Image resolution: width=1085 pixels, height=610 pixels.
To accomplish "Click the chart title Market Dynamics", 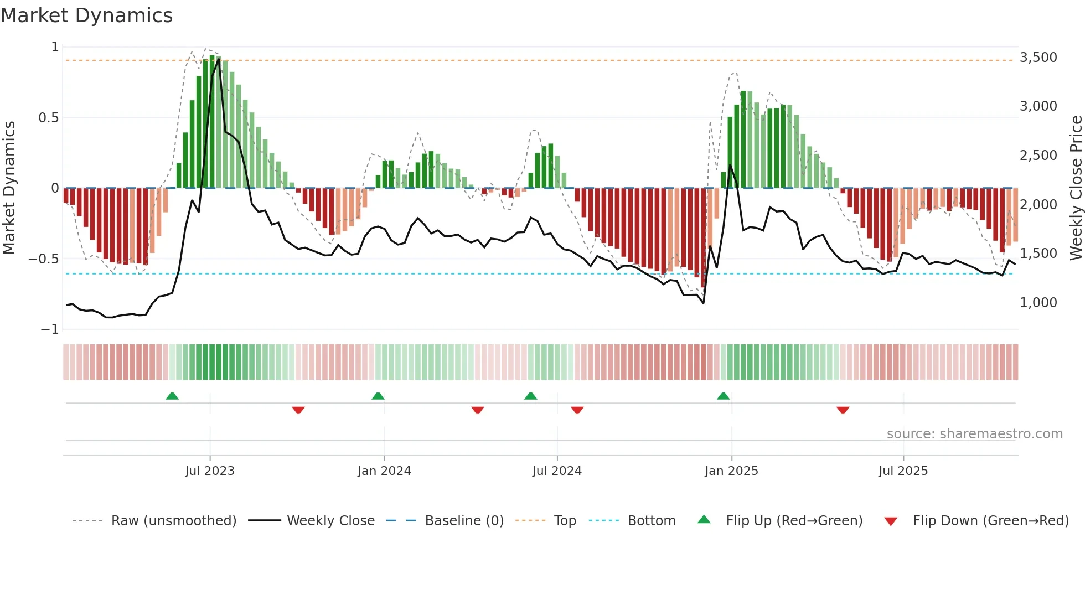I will [87, 15].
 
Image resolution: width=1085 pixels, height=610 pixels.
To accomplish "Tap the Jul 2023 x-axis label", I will [210, 471].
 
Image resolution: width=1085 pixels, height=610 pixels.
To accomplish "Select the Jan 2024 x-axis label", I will [384, 471].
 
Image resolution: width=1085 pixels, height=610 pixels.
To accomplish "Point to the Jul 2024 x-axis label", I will [557, 471].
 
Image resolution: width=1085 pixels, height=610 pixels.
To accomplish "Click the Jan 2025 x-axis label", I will [731, 471].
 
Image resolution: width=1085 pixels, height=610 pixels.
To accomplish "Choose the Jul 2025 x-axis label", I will [903, 471].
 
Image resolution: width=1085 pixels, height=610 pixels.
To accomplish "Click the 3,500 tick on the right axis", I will [1038, 58].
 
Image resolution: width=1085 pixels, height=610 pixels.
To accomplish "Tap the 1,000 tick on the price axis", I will [1038, 303].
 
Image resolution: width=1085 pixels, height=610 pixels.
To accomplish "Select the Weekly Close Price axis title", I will [1076, 188].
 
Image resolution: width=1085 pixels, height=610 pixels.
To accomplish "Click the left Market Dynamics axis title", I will [9, 188].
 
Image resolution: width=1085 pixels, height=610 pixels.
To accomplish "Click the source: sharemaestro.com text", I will [974, 434].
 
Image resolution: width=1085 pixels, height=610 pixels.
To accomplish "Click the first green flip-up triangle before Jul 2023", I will [172, 396].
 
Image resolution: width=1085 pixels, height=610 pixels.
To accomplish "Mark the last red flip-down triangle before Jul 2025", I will [843, 410].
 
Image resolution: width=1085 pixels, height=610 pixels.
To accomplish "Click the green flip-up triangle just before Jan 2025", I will [723, 396].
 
